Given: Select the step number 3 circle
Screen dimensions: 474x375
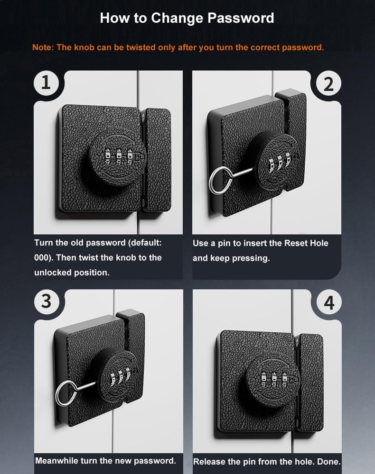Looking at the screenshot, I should coord(46,301).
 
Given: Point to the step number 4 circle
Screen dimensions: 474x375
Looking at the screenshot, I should coord(328,302).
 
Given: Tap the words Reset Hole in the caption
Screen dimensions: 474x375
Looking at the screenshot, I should coord(306,243).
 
